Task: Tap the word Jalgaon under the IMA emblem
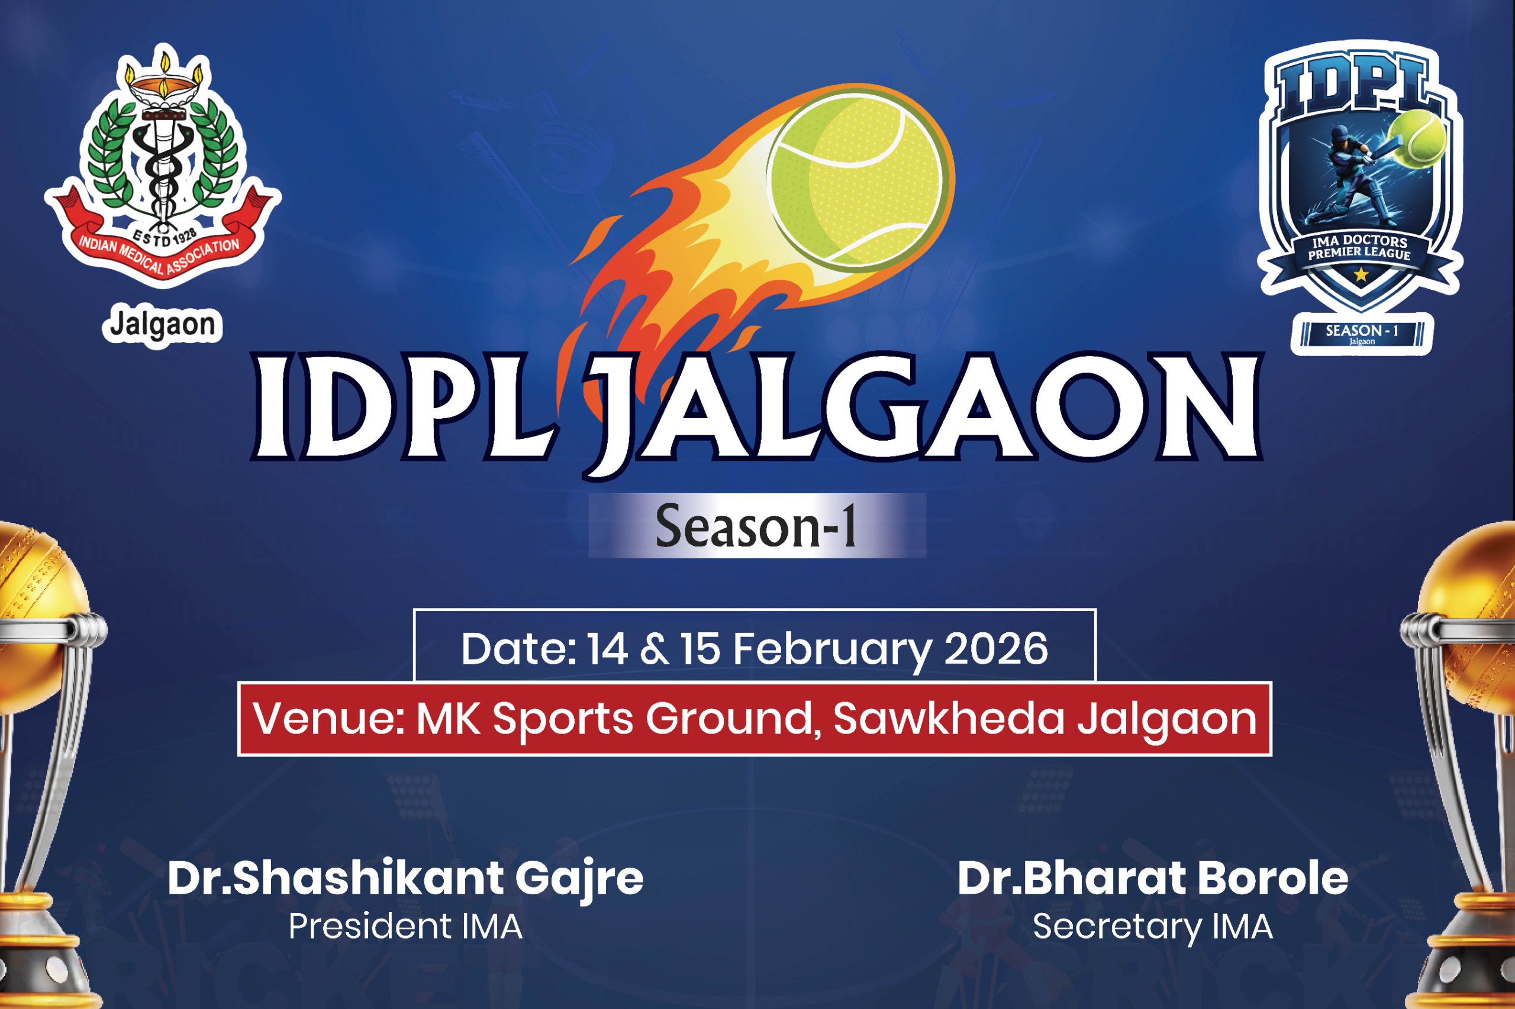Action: click(x=162, y=325)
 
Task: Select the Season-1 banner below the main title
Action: click(x=757, y=525)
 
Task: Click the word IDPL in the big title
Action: click(x=405, y=408)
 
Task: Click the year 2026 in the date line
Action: click(x=996, y=649)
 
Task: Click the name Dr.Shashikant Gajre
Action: click(x=405, y=879)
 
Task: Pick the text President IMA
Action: click(x=405, y=927)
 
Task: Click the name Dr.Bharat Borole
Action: click(x=1152, y=878)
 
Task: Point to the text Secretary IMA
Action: click(x=1152, y=927)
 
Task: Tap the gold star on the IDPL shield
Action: click(x=1361, y=275)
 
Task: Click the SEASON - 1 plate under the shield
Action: click(x=1362, y=334)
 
